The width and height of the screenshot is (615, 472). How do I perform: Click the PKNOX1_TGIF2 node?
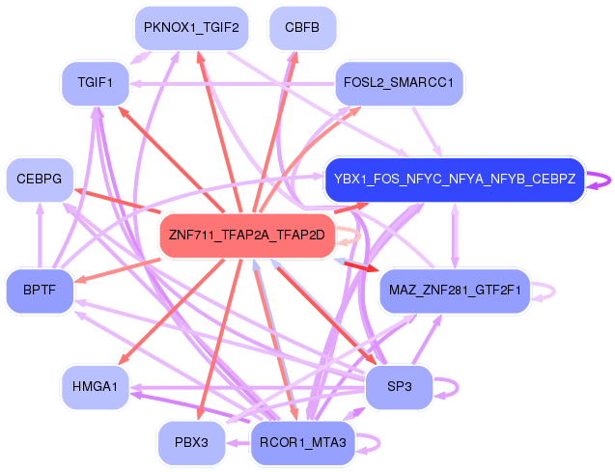click(191, 28)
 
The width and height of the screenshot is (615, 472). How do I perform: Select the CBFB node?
click(302, 28)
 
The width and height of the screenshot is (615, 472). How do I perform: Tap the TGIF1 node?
click(96, 84)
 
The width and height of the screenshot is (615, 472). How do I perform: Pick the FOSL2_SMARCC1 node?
click(399, 84)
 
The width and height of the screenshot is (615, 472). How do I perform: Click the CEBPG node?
click(40, 180)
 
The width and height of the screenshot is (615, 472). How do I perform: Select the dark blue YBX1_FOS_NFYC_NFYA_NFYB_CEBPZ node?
click(455, 180)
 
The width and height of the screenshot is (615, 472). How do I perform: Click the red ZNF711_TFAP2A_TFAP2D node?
click(247, 236)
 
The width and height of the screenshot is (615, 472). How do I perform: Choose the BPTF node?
click(40, 291)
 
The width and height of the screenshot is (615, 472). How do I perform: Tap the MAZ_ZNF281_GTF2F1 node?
click(455, 291)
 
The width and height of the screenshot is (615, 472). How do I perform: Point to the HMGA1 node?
click(96, 387)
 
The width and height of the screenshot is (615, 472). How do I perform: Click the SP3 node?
click(399, 387)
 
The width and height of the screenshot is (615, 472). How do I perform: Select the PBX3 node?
click(191, 443)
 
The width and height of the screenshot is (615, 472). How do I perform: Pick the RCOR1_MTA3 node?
click(302, 443)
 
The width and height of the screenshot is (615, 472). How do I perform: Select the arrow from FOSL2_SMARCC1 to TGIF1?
click(232, 84)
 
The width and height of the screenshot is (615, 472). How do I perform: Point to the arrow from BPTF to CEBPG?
click(40, 236)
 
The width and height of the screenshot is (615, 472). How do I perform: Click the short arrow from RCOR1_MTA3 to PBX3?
click(238, 443)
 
